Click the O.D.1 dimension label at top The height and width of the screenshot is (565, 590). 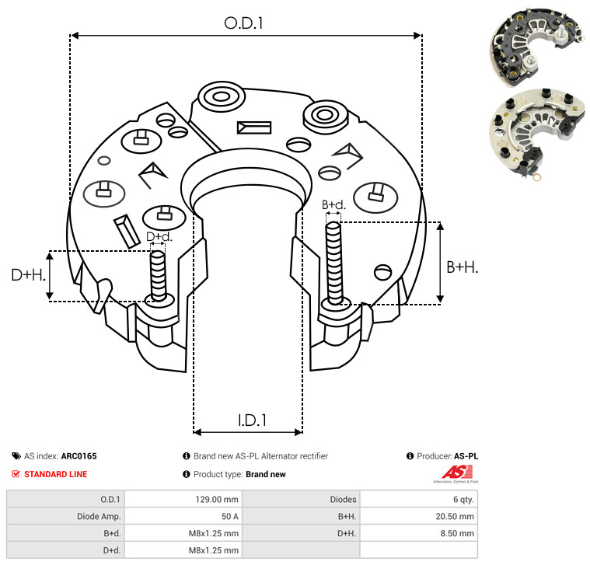point(243,23)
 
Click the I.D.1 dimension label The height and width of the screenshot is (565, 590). point(252,420)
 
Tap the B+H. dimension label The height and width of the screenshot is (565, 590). point(463,267)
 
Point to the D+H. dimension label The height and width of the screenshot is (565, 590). point(28,275)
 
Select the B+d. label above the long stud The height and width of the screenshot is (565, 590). point(333,205)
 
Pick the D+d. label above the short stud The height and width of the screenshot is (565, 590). point(159,236)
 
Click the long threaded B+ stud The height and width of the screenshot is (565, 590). point(333,263)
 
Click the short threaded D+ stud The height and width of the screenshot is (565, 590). point(158,275)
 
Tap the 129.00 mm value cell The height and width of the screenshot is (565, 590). point(217,500)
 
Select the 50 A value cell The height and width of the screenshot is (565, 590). point(229,517)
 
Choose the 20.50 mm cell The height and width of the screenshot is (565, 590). point(455,517)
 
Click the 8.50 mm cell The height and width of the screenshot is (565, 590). point(457,533)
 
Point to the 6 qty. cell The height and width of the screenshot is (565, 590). point(463,500)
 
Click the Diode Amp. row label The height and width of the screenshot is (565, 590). point(99,517)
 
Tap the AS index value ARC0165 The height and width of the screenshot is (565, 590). point(79,456)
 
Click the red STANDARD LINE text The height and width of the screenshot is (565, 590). point(56,474)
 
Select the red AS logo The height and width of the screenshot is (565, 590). point(457,473)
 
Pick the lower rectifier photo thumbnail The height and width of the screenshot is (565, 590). point(538,134)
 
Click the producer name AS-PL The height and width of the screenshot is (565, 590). point(466,456)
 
